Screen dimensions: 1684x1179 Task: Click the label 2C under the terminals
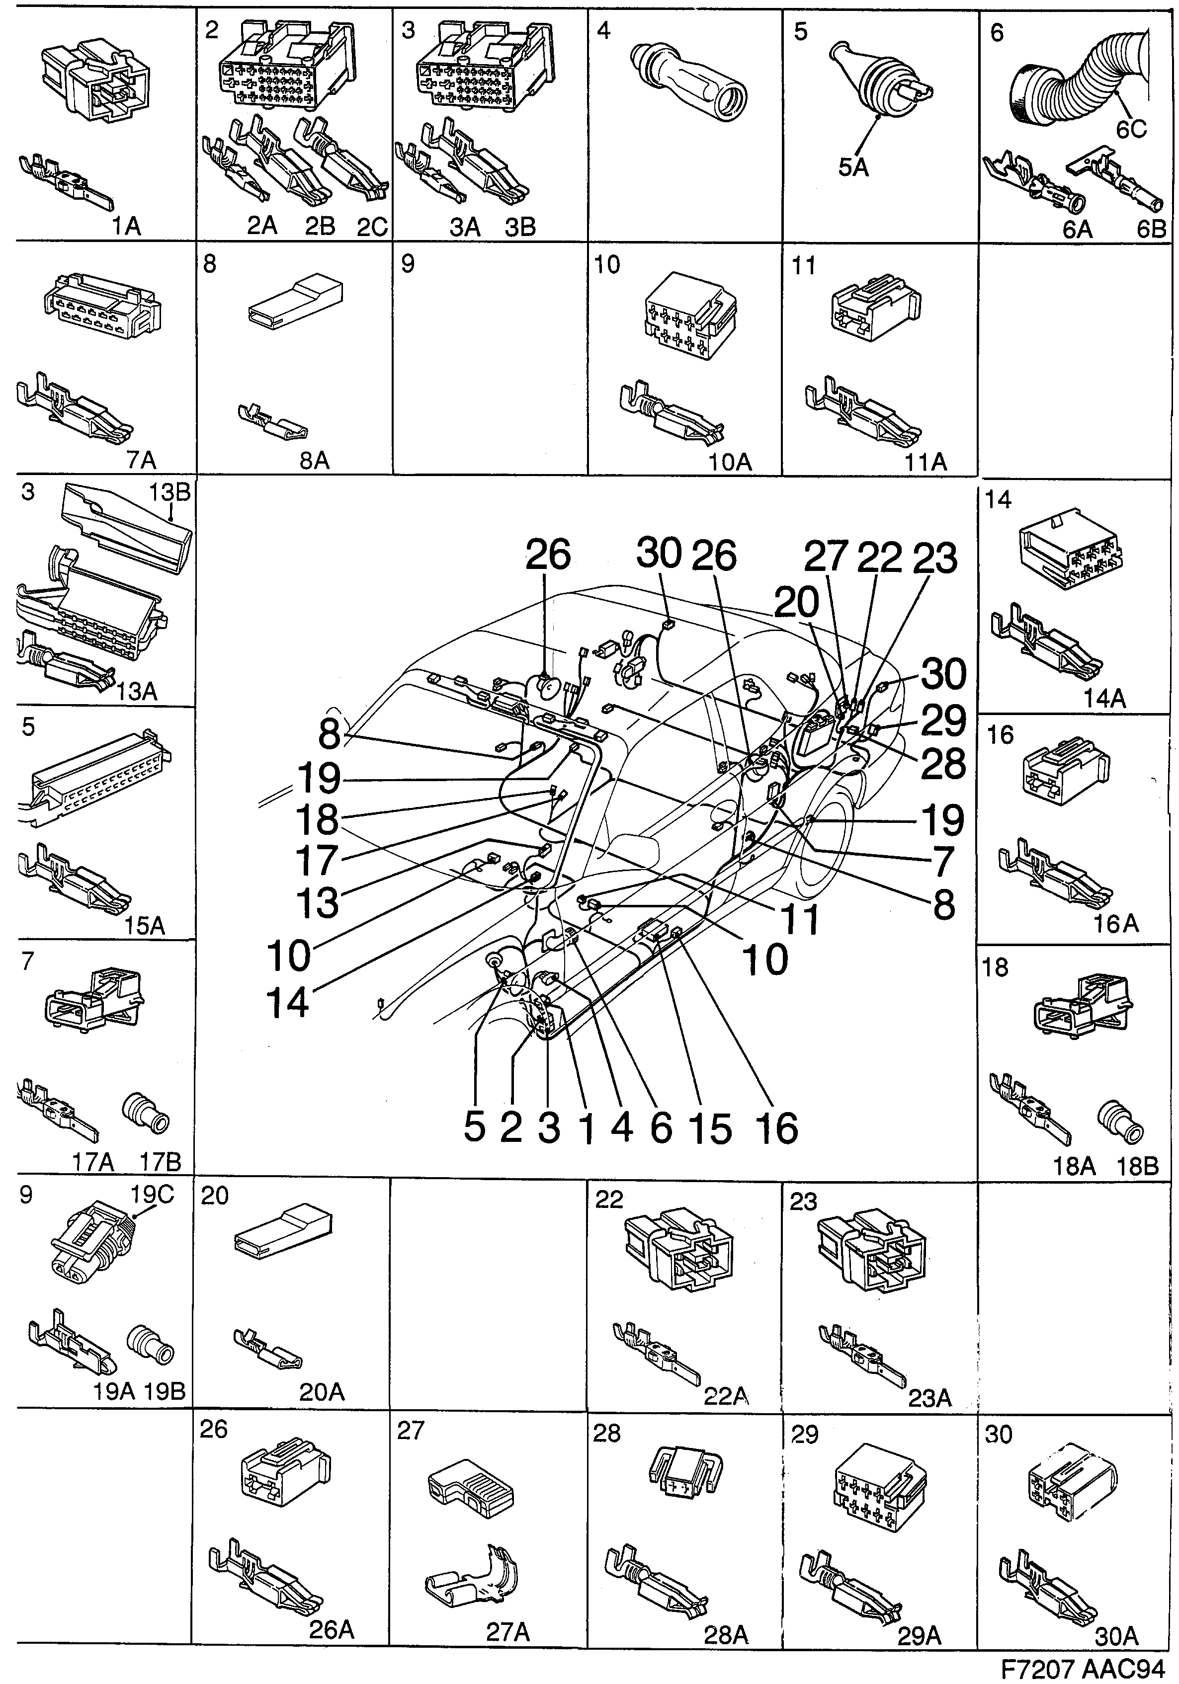pyautogui.click(x=371, y=227)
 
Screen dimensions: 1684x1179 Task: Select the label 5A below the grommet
pyautogui.click(x=853, y=167)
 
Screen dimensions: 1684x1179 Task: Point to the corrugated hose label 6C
pyautogui.click(x=1131, y=129)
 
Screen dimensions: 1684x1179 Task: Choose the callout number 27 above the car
pyautogui.click(x=826, y=558)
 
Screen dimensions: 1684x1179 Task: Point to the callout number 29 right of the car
pyautogui.click(x=943, y=720)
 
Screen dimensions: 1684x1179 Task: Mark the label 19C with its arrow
pyautogui.click(x=152, y=1196)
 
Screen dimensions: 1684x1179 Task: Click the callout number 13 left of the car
pyautogui.click(x=317, y=902)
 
